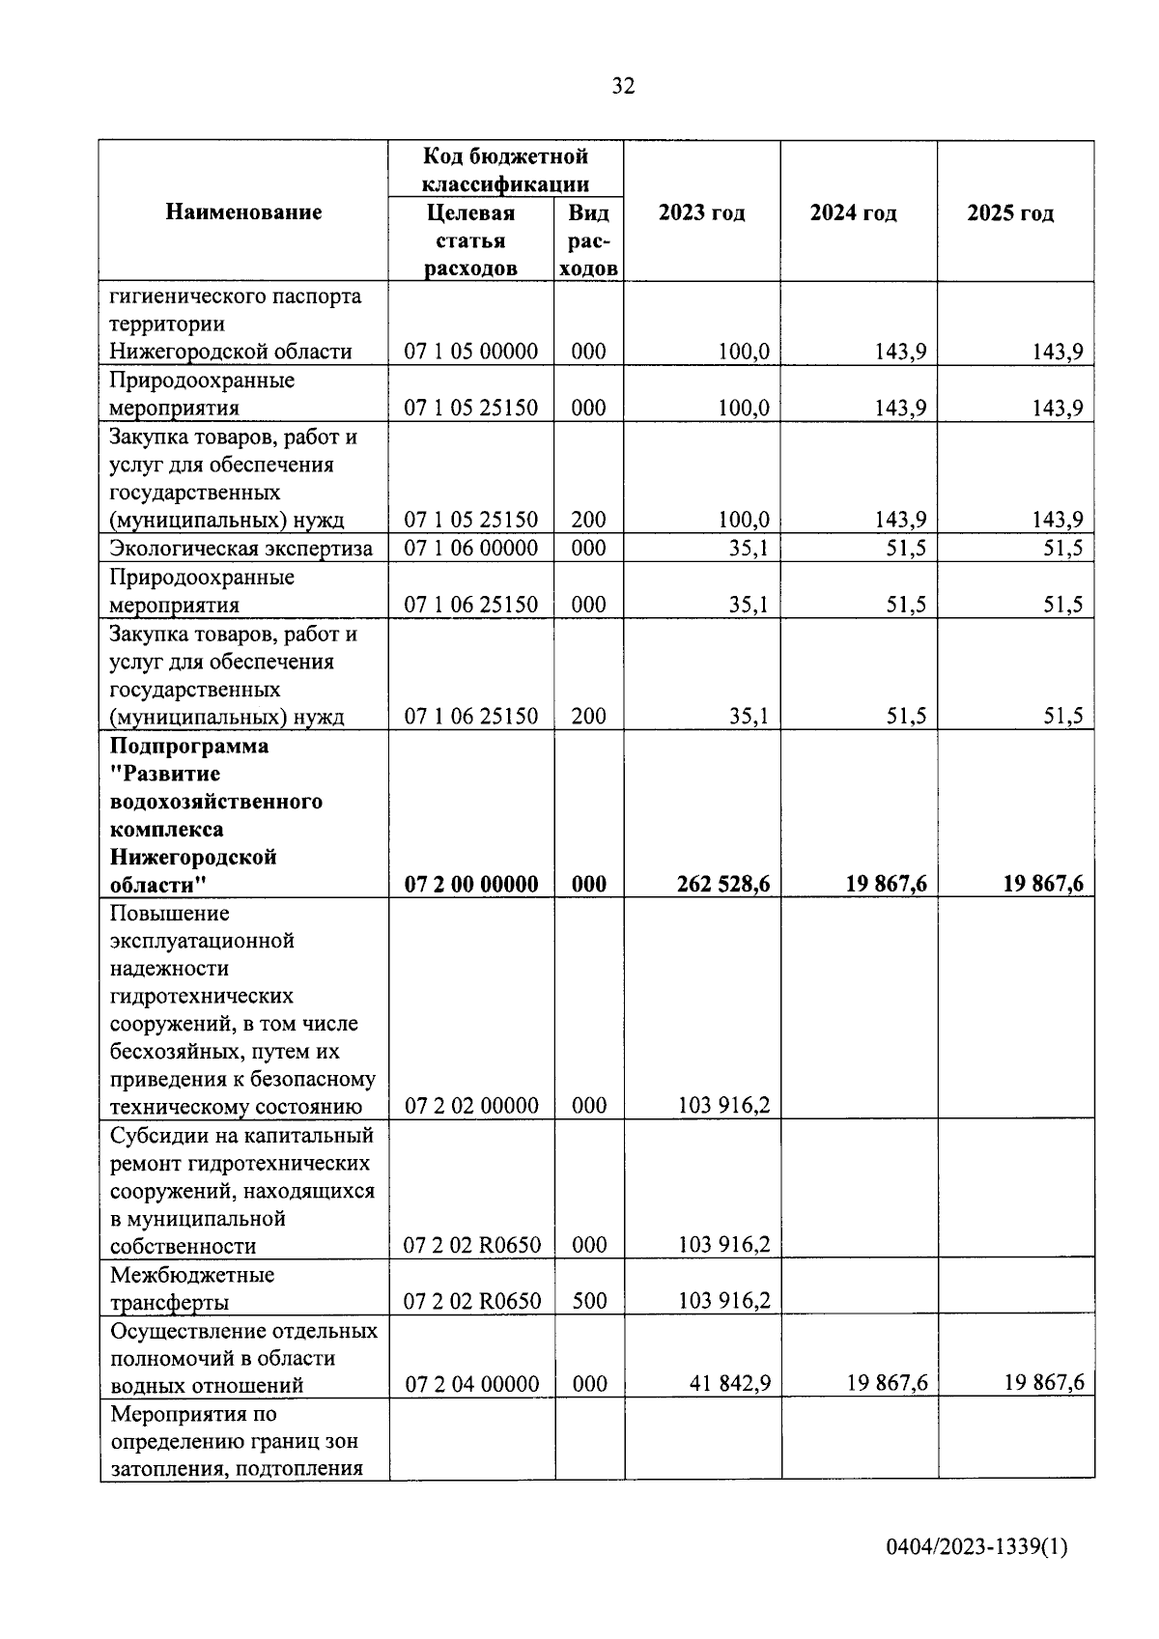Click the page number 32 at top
pos(623,87)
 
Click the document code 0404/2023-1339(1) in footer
pos(976,1547)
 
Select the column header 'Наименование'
pos(243,212)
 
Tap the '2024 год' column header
pos(853,212)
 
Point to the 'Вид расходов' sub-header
pos(588,240)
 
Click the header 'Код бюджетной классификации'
pos(505,170)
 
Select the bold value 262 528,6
pos(723,884)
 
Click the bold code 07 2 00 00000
pos(471,884)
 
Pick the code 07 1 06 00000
pos(471,549)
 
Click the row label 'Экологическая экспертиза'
pos(240,549)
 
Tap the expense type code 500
pos(588,1301)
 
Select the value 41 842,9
pos(730,1384)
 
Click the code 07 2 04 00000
pos(471,1384)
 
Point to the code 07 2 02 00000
pos(471,1106)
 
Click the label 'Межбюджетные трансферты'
pos(192,1288)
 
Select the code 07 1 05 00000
pos(471,352)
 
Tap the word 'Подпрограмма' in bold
pos(189,746)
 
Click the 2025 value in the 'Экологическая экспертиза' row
pos(1062,549)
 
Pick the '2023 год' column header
pos(701,212)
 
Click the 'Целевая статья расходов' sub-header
pos(470,240)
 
